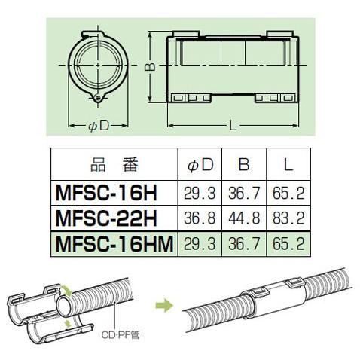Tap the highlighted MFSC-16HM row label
(x=114, y=245)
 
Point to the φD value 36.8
(x=200, y=218)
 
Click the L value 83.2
(x=287, y=218)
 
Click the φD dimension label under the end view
(x=99, y=125)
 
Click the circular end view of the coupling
(x=99, y=66)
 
